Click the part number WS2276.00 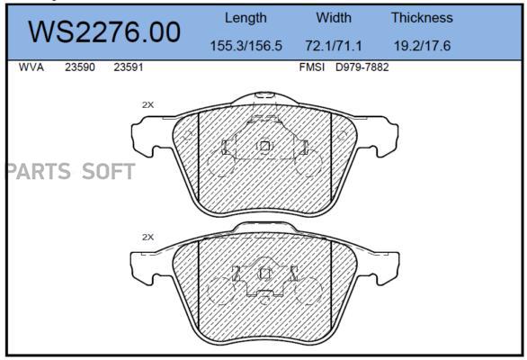tap(104, 32)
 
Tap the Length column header tap(246, 18)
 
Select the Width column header tap(334, 17)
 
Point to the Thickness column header tap(422, 17)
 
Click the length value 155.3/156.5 tap(246, 46)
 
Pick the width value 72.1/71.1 tap(334, 46)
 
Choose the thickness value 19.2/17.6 tap(422, 46)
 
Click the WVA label tap(31, 67)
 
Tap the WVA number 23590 tap(80, 67)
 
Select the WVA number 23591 tap(129, 67)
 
